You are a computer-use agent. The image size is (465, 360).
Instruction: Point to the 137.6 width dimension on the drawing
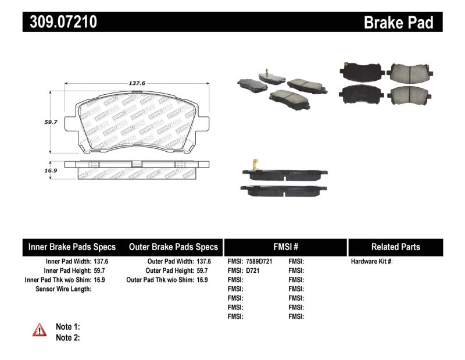click(137, 83)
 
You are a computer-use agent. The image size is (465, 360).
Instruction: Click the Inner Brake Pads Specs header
click(72, 247)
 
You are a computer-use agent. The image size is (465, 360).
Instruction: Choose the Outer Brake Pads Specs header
click(173, 247)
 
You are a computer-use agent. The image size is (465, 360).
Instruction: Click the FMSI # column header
click(285, 247)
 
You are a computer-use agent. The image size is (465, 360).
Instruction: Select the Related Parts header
click(395, 247)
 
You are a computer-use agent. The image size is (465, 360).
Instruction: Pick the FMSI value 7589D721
click(260, 262)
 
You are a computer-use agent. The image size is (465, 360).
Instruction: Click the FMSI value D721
click(253, 270)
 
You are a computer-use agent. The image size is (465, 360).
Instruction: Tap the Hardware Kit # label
click(371, 262)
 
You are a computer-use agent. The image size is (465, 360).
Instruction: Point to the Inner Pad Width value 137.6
click(102, 262)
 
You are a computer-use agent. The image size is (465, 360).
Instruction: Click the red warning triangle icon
click(40, 330)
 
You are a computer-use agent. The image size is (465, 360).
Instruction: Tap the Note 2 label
click(67, 337)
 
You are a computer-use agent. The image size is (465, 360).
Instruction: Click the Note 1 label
click(67, 327)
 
